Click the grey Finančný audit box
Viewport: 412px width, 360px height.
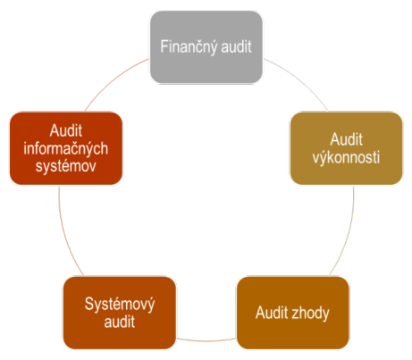click(x=206, y=47)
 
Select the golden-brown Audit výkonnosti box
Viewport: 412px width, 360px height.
click(x=346, y=148)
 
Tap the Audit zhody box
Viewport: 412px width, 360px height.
click(x=292, y=313)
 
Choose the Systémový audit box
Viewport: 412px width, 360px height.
click(x=120, y=313)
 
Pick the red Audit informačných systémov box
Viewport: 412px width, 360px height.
click(x=66, y=148)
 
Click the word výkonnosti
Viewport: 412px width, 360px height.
click(x=346, y=158)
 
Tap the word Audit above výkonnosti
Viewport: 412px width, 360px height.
click(x=346, y=139)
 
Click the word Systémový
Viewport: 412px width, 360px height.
click(x=120, y=305)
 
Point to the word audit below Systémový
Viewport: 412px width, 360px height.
click(x=120, y=322)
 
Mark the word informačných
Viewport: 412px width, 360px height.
click(x=66, y=149)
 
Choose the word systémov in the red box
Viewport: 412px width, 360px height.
click(x=66, y=166)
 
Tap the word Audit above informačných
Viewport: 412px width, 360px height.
click(x=66, y=130)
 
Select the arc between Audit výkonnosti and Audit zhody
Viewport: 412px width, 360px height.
click(x=348, y=233)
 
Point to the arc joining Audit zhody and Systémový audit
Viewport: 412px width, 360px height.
click(x=206, y=339)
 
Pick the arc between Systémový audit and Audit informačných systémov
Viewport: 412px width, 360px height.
click(x=64, y=233)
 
